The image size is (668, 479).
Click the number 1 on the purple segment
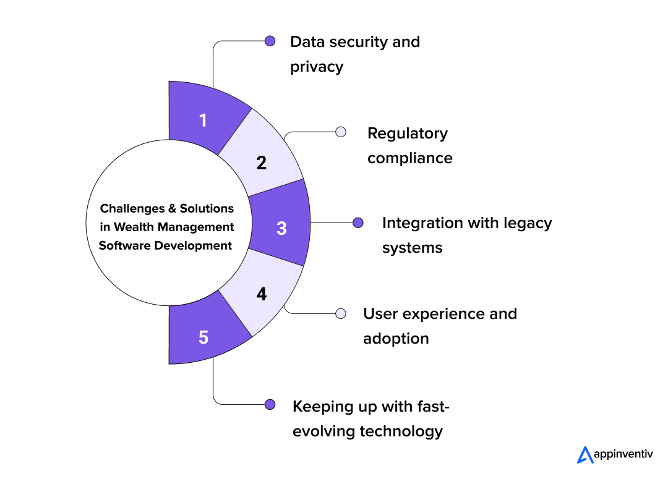pyautogui.click(x=203, y=120)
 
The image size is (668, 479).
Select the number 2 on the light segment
pyautogui.click(x=262, y=163)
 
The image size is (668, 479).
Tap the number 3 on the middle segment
pyautogui.click(x=281, y=228)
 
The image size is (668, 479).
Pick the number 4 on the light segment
pyautogui.click(x=262, y=294)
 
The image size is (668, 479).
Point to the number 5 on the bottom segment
pyautogui.click(x=203, y=337)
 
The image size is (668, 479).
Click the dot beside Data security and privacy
pyautogui.click(x=270, y=41)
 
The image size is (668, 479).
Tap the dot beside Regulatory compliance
pyautogui.click(x=340, y=132)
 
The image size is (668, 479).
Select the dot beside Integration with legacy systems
pyautogui.click(x=358, y=223)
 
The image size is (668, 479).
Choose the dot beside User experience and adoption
pyautogui.click(x=340, y=313)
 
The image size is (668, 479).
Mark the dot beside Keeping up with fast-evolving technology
pyautogui.click(x=270, y=404)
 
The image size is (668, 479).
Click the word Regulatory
pyautogui.click(x=407, y=134)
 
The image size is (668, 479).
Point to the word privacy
pyautogui.click(x=317, y=67)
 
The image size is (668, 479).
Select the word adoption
pyautogui.click(x=396, y=339)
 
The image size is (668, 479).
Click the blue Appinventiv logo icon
pyautogui.click(x=584, y=454)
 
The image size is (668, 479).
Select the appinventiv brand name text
pyautogui.click(x=623, y=455)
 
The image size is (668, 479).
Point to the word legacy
pyautogui.click(x=527, y=223)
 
